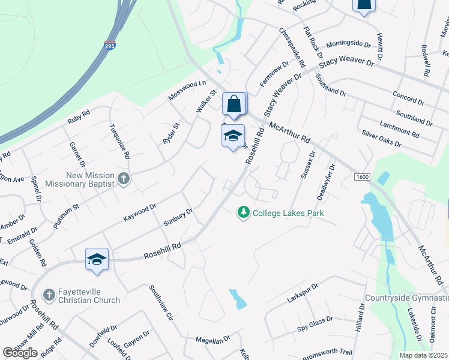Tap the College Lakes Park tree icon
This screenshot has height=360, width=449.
click(243, 213)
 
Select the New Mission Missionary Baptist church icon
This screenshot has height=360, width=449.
click(123, 178)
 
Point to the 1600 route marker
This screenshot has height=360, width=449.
click(362, 178)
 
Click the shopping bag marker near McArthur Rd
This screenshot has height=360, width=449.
click(234, 104)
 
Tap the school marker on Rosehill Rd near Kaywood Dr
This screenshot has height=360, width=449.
click(97, 259)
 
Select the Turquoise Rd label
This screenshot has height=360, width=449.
click(119, 141)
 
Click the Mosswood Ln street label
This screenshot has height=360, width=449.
click(187, 89)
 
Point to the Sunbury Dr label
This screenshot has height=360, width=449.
click(178, 217)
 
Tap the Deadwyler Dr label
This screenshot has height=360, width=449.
click(325, 182)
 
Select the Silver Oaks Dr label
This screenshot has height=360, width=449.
click(381, 139)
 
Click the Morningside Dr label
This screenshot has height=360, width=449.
click(349, 44)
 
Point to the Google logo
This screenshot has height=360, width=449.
click(20, 353)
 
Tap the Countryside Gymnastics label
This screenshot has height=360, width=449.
click(406, 298)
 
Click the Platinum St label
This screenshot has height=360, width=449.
click(66, 217)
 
